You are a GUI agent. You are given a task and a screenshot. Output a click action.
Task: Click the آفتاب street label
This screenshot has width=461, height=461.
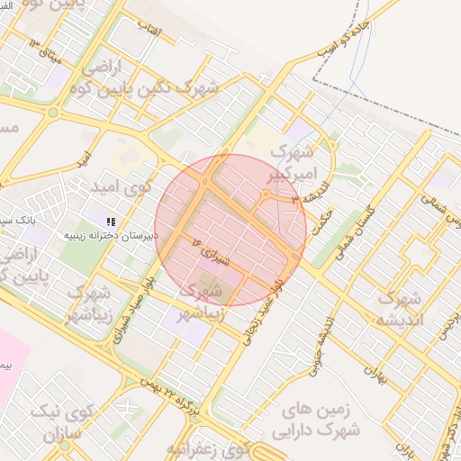(x=149, y=27)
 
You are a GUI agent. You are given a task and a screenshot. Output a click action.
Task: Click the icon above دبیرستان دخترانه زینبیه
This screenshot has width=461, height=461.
(x=110, y=221)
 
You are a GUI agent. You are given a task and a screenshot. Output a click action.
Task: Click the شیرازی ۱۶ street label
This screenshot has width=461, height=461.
(x=211, y=249)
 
